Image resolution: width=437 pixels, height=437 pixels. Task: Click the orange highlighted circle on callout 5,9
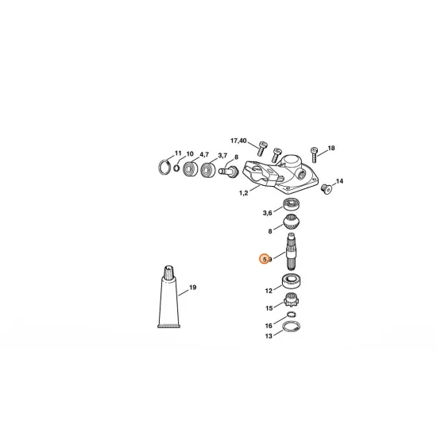pyautogui.click(x=266, y=258)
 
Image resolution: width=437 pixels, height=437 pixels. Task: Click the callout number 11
pyautogui.click(x=179, y=153)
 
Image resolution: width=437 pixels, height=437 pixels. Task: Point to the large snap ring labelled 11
pyautogui.click(x=164, y=168)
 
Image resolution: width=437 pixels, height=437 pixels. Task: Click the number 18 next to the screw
pyautogui.click(x=331, y=149)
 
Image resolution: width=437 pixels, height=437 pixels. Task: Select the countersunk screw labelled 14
pyautogui.click(x=324, y=188)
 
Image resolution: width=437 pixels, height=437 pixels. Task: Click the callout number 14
pyautogui.click(x=339, y=182)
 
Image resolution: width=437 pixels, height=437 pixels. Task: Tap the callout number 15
pyautogui.click(x=269, y=307)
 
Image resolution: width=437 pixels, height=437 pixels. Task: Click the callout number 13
pyautogui.click(x=269, y=336)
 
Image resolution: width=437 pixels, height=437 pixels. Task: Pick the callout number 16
pyautogui.click(x=269, y=325)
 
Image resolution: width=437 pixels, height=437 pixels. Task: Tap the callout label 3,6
pyautogui.click(x=268, y=213)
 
